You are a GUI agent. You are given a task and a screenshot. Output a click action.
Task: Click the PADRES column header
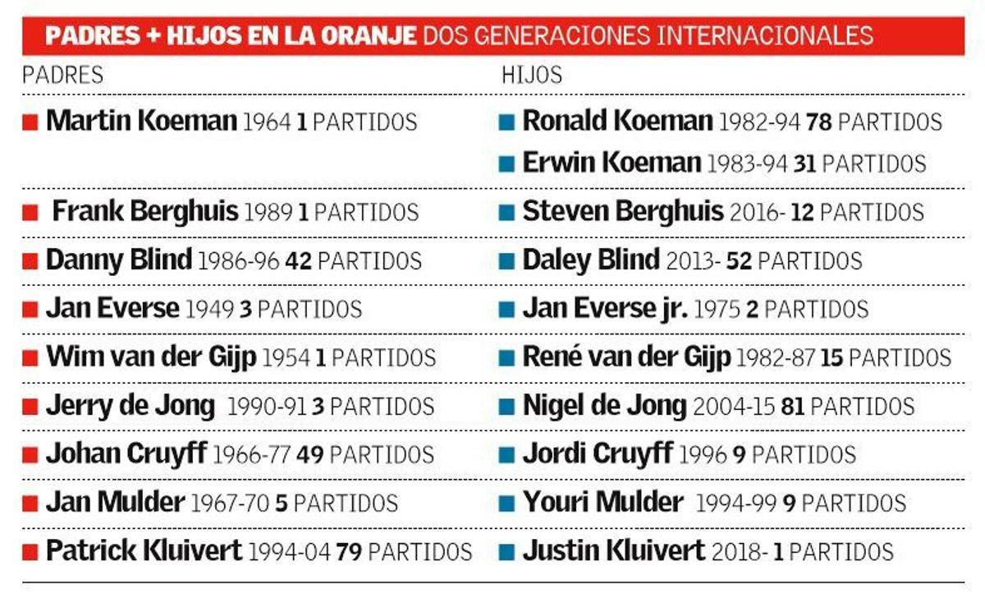pos(62,75)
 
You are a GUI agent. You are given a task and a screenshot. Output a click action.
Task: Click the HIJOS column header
pos(532,75)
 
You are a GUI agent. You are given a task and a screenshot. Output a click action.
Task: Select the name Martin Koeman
pos(141,122)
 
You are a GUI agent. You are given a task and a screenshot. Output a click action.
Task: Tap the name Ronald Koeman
pos(617,122)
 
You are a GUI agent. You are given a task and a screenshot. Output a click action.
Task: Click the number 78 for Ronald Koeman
pos(818,122)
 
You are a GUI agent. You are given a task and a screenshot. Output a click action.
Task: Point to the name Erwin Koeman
pos(612,163)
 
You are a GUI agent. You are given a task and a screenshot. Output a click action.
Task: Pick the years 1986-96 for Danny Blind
pos(238,261)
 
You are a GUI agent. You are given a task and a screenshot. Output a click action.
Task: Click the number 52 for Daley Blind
pos(739,261)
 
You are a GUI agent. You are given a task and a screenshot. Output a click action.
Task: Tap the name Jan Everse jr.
pos(605,309)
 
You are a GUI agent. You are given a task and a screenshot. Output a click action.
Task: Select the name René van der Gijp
pos(625,358)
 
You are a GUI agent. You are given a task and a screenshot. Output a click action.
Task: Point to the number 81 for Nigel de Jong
pos(793,407)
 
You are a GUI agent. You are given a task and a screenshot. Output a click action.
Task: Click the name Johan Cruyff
pos(126,454)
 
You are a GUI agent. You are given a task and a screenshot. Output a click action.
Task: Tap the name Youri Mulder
pos(602,502)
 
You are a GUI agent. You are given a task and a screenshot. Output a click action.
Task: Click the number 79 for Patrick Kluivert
pos(349,551)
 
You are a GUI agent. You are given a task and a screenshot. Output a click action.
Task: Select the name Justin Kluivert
pos(613,550)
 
